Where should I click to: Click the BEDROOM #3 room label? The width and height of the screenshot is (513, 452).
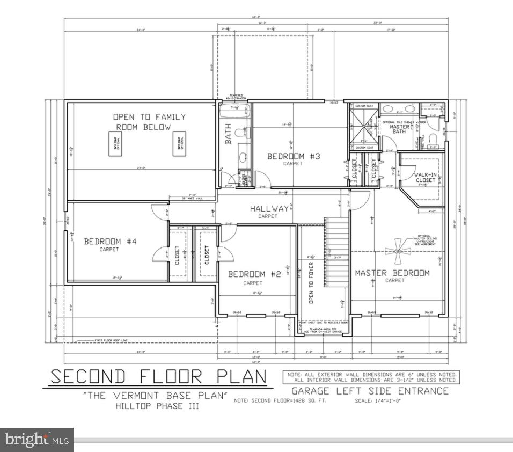[294, 156]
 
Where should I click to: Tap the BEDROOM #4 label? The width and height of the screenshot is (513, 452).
[110, 242]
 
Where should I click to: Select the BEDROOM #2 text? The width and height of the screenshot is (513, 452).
[254, 274]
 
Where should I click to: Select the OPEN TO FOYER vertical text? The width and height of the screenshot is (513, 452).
[310, 282]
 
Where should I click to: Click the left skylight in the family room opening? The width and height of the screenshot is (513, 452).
[114, 144]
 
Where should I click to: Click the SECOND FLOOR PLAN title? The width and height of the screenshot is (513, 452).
[158, 376]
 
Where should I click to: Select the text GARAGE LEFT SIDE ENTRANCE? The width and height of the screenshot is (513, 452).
[370, 391]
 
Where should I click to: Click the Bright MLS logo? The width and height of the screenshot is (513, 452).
[36, 440]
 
